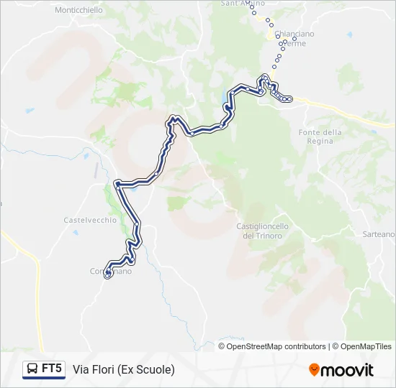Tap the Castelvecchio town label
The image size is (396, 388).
point(90,220)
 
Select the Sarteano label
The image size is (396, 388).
point(378,234)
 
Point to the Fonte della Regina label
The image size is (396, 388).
point(320,137)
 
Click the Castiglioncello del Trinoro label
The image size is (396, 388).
point(263,231)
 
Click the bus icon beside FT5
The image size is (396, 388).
point(32,369)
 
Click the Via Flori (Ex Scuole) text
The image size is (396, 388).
point(124,369)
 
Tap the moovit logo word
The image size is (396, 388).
point(348,370)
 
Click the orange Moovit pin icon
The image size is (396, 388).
point(315,370)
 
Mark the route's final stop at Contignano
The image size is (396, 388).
point(108,274)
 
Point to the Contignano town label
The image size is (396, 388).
point(111,271)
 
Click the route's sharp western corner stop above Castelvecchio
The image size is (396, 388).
point(117,184)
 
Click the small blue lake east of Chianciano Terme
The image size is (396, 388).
point(349,34)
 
